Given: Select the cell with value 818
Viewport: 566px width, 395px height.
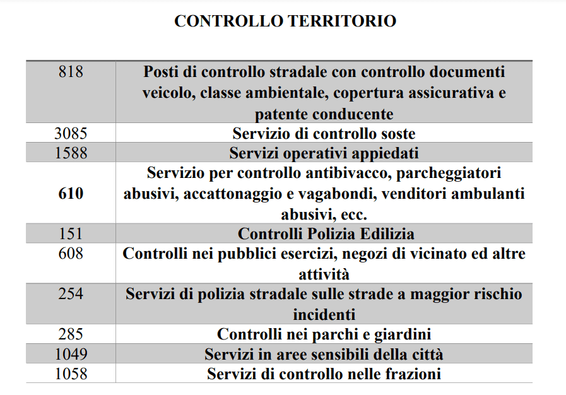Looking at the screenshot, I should click(71, 72).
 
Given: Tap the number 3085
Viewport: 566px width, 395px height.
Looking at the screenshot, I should click(71, 134).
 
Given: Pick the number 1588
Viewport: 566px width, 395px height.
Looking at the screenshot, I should click(71, 153).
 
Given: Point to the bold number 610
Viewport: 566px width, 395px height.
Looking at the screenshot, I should click(71, 194).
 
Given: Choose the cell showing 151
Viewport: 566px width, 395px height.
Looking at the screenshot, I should click(71, 234).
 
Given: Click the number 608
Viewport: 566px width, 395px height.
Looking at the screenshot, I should click(71, 254).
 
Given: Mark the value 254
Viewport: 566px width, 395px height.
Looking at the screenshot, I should click(71, 294).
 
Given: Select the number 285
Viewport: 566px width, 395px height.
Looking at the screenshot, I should click(71, 334).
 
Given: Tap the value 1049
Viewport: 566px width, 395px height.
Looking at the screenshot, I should click(71, 354).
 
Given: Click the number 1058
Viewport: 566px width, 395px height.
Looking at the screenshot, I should click(71, 374).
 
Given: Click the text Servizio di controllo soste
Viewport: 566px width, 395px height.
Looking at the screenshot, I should click(324, 134).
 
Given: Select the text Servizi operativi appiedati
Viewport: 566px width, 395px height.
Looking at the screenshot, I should click(324, 153).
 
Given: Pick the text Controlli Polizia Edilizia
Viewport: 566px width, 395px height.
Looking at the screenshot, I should click(326, 234).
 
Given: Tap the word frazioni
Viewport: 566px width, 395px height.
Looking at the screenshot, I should click(412, 374).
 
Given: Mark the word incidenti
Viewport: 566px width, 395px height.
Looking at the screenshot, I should click(324, 314).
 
